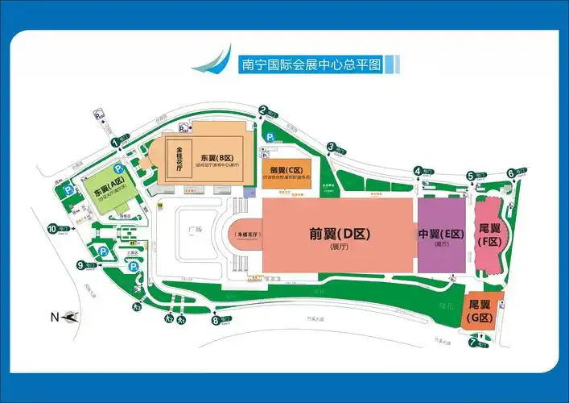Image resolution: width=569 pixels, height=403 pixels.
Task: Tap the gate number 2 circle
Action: (x=262, y=110)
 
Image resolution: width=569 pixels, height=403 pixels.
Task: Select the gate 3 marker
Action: (x=331, y=146)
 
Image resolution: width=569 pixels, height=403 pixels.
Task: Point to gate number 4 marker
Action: (x=418, y=170)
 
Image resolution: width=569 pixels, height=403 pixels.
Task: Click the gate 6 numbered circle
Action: (x=510, y=172)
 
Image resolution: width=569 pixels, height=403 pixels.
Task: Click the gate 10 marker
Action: (x=52, y=229)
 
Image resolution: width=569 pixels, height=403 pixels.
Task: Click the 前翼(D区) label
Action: (x=339, y=235)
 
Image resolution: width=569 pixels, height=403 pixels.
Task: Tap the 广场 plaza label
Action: (x=193, y=231)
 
